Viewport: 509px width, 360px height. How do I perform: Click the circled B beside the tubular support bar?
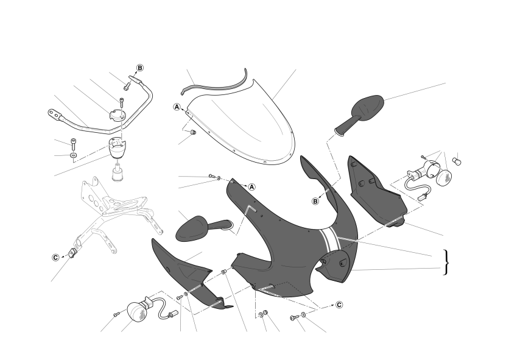(x=140, y=68)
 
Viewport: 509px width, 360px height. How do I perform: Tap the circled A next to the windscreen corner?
(x=177, y=107)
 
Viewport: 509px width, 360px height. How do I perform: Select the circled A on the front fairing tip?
(x=252, y=187)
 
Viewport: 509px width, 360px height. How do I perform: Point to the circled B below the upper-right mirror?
(x=315, y=202)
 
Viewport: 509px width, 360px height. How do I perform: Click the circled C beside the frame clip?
(x=56, y=258)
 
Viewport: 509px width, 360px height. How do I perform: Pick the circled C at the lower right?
(x=339, y=305)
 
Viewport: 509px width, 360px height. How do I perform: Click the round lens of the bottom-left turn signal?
(x=138, y=311)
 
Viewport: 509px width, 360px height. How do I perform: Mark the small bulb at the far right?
(x=457, y=161)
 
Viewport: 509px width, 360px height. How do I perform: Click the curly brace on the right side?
(x=446, y=263)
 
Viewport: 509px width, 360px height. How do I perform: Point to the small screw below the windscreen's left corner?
(x=193, y=132)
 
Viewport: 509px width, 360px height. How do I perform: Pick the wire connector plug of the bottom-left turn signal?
(x=174, y=314)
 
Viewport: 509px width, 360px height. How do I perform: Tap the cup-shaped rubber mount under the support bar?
(x=117, y=148)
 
